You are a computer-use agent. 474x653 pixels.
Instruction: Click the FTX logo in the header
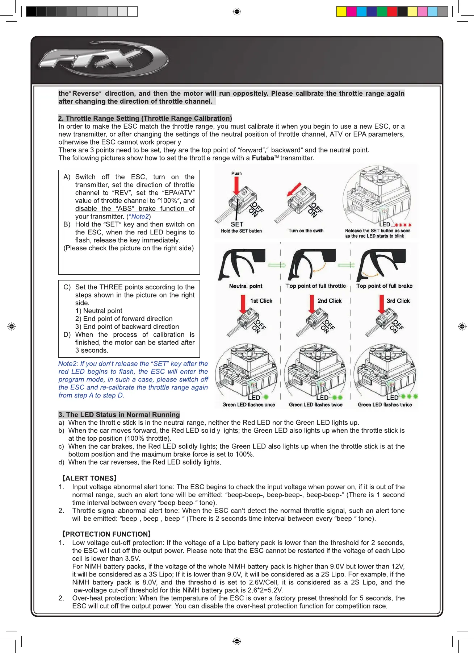point(103,60)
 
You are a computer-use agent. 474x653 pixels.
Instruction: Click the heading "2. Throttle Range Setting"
point(145,118)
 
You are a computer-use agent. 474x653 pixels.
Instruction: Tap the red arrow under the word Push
point(236,186)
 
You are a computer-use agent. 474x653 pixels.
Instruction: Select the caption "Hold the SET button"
point(241,231)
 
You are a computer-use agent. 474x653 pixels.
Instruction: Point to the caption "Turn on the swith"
point(306,231)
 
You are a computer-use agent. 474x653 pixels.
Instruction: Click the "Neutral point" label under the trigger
point(246,286)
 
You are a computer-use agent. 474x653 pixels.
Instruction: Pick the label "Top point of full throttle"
point(316,286)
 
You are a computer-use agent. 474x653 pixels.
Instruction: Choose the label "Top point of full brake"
point(384,286)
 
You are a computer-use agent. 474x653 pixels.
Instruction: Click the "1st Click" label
point(261,301)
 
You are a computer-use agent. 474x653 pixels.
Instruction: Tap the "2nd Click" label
point(330,301)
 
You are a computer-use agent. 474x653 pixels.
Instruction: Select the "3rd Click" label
point(398,301)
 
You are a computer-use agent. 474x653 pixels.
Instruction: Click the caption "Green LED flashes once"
point(248,405)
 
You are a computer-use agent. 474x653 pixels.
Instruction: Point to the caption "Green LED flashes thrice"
point(385,405)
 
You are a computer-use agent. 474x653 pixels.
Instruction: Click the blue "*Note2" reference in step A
point(139,217)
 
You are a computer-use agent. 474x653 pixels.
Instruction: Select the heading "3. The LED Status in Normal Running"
point(119,415)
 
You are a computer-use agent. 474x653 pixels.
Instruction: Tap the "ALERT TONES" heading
point(89,478)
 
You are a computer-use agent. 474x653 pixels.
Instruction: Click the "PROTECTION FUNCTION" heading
point(106,534)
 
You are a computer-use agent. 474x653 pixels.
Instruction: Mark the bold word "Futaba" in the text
point(263,158)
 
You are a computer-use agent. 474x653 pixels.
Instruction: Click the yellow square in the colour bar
point(341,12)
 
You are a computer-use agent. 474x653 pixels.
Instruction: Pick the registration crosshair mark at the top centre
point(237,12)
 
